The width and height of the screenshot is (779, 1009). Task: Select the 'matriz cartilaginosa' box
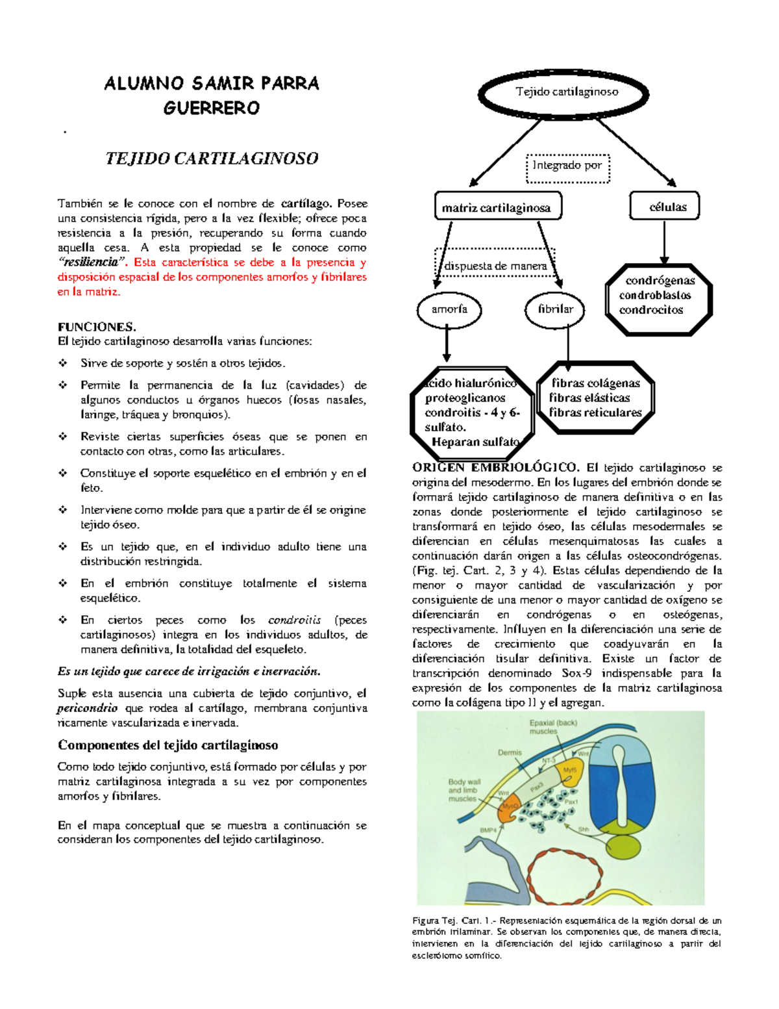pos(497,207)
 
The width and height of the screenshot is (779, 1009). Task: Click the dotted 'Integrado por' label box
pos(567,167)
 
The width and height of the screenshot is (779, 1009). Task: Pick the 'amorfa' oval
pos(449,310)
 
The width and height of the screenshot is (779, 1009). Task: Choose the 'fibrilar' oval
pos(555,310)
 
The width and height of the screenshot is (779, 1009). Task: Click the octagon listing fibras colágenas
pos(595,398)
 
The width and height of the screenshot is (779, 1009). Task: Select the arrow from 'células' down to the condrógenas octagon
pos(664,242)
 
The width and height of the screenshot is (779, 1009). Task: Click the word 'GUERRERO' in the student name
pos(212,109)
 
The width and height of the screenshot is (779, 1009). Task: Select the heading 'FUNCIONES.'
pos(97,327)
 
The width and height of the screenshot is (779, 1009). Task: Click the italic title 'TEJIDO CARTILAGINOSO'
pos(212,159)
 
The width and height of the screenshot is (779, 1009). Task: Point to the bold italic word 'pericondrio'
pos(88,708)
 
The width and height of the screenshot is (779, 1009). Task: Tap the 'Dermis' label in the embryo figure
pos(510,753)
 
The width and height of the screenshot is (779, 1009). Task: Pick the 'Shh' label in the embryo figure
pos(584,830)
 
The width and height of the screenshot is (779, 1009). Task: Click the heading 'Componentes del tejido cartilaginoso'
pos(168,745)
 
